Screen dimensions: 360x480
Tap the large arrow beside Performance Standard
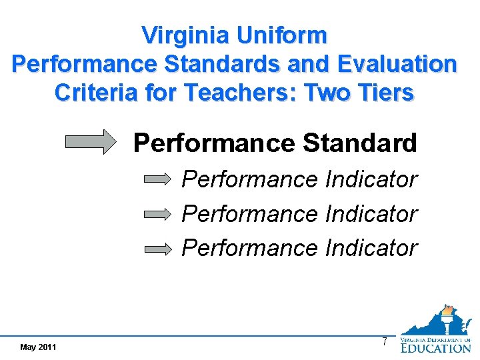(x=91, y=143)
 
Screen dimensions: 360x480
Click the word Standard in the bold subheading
(x=360, y=143)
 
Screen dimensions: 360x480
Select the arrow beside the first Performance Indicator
(x=159, y=179)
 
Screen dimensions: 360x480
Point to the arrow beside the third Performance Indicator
(x=159, y=249)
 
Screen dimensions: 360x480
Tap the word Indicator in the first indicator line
(x=371, y=179)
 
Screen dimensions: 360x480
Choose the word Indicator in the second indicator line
(x=371, y=214)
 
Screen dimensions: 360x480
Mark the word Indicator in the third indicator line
(x=371, y=248)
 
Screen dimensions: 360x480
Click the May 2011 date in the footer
(x=38, y=347)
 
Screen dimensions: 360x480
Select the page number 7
(x=384, y=342)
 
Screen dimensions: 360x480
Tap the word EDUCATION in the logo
(x=435, y=347)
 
